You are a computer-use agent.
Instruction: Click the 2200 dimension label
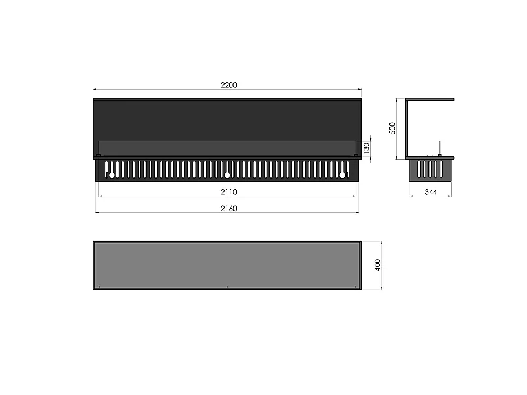229,85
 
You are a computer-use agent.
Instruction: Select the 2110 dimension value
229,192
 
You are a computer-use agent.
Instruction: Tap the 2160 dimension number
229,209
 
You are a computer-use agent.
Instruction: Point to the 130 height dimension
366,148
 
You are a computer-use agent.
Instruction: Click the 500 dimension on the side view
392,128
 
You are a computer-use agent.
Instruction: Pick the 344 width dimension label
431,192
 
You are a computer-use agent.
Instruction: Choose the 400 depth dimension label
377,265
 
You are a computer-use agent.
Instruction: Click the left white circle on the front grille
112,175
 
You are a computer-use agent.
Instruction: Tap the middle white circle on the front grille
227,175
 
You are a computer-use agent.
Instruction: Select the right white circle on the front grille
343,175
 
